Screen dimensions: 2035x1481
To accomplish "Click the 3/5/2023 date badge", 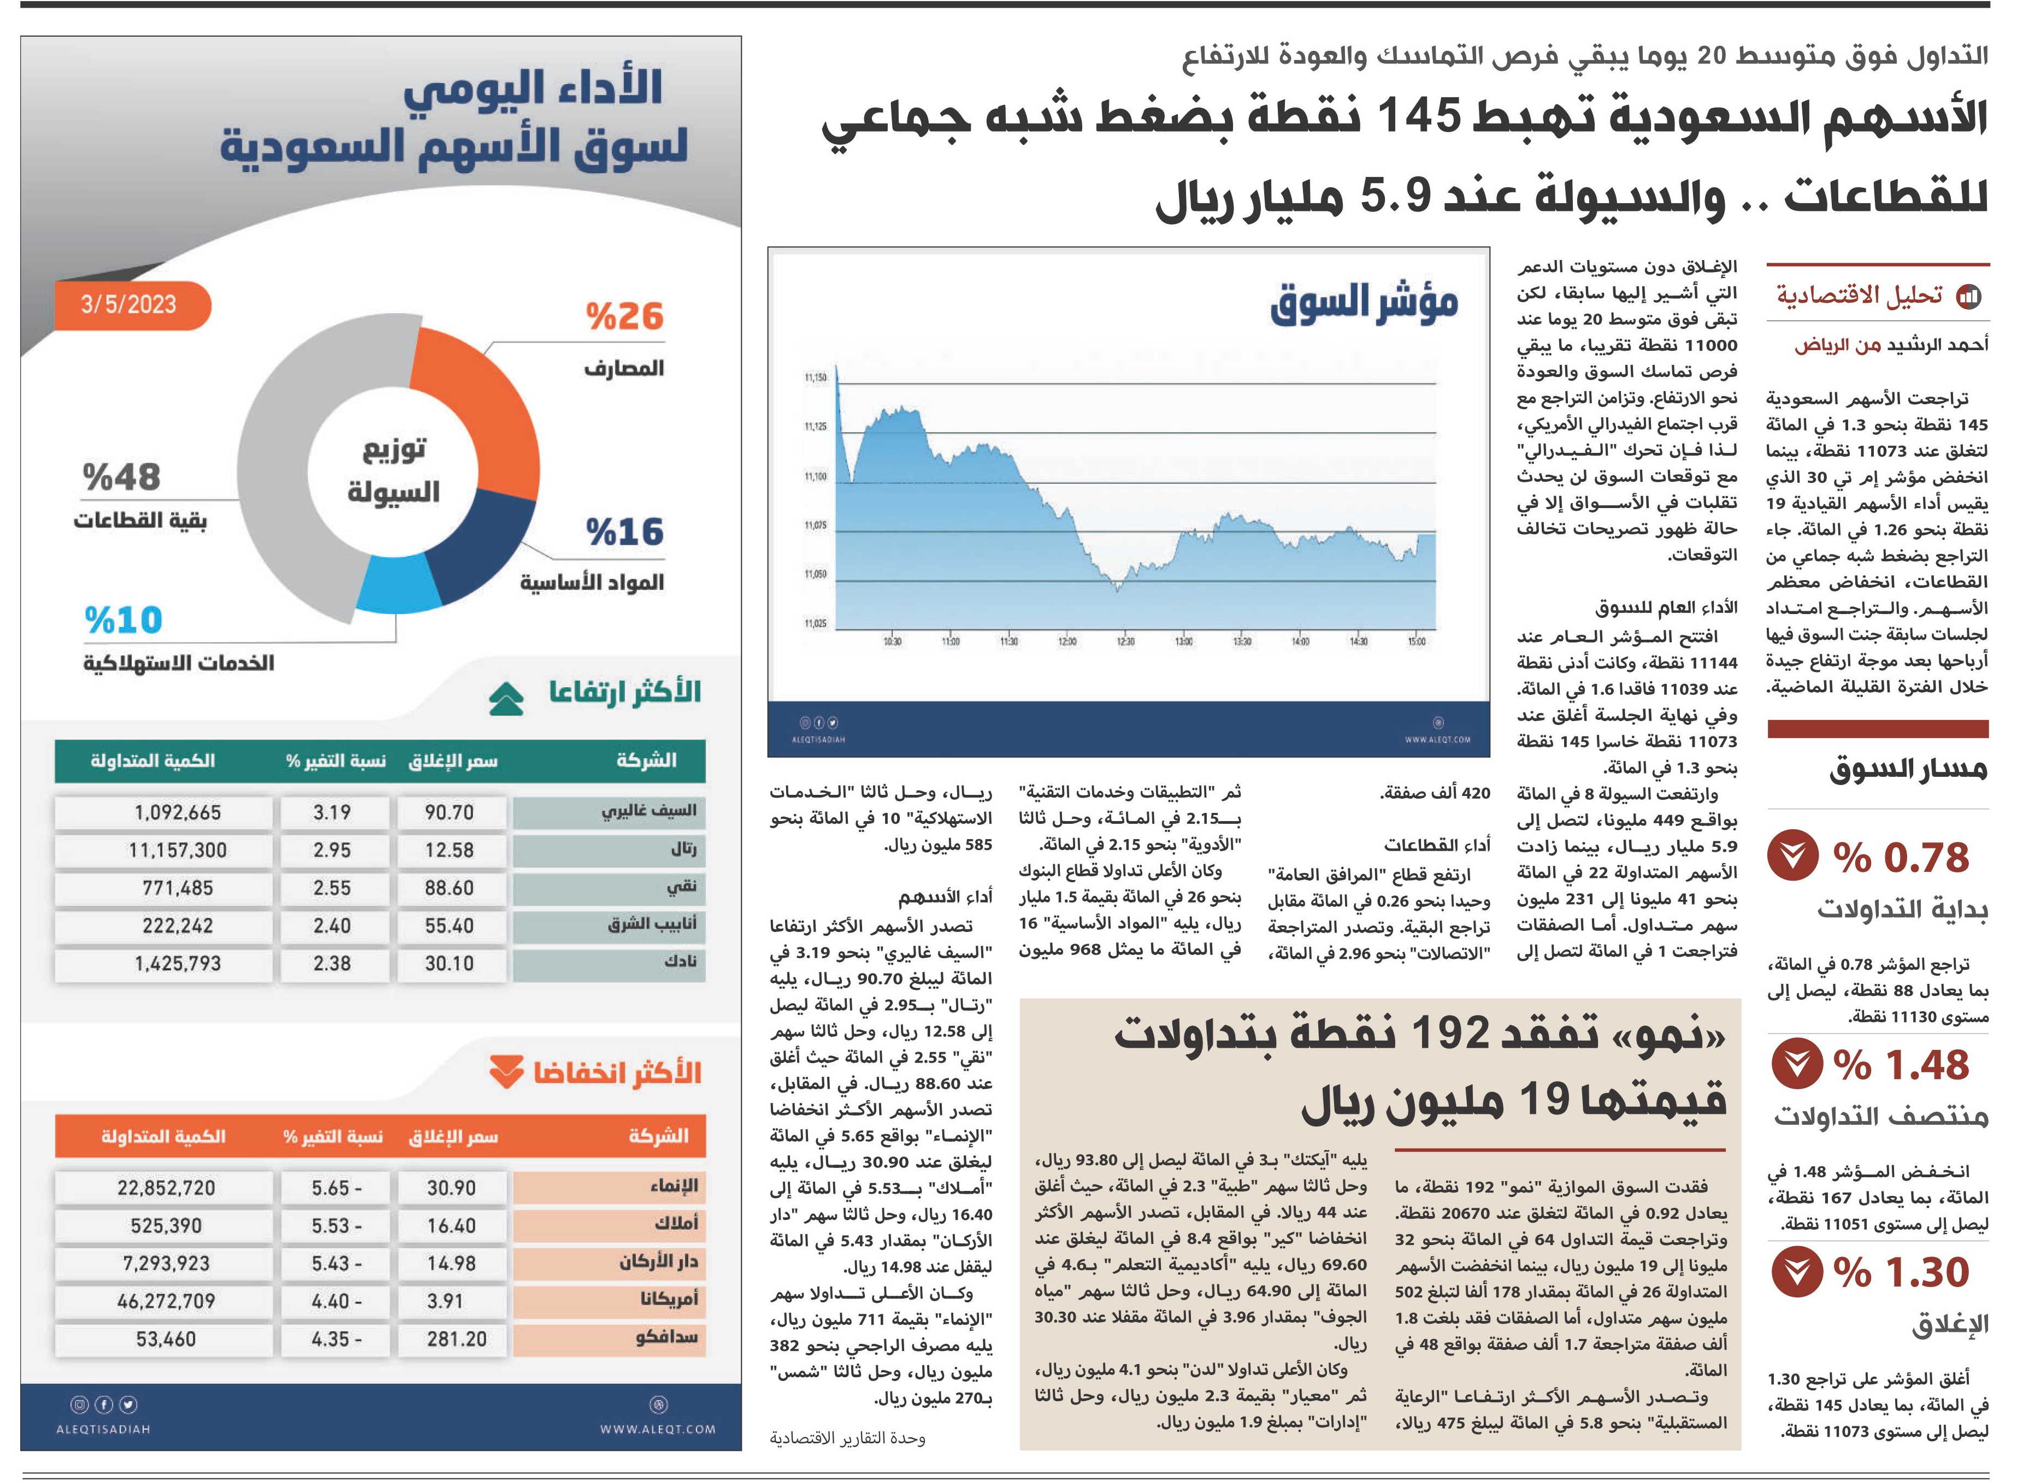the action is (x=131, y=305).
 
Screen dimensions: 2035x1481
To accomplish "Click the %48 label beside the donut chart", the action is (x=121, y=477).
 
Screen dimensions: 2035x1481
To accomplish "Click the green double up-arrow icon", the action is (x=506, y=698).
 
